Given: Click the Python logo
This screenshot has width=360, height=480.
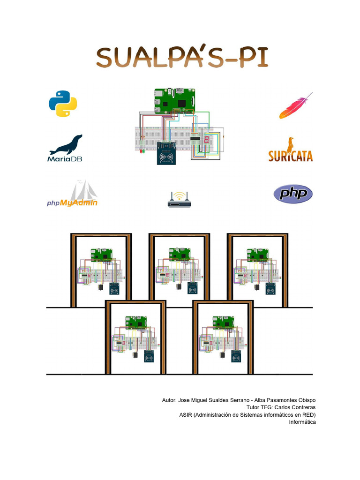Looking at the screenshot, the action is tap(62, 104).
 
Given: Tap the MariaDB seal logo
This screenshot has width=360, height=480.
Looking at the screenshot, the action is tap(66, 148).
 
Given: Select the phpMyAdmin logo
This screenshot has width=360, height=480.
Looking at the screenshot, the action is tap(73, 194).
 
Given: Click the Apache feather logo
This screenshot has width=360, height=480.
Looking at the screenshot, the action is tap(296, 106).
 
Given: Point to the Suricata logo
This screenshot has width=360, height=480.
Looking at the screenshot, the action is tap(291, 150).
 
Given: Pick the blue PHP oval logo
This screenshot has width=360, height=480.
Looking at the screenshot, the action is tap(293, 193).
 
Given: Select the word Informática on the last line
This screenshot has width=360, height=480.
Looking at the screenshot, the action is tap(302, 422).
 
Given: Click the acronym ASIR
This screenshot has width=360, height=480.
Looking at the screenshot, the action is tap(187, 415).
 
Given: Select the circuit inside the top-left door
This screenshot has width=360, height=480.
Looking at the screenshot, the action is tap(100, 272).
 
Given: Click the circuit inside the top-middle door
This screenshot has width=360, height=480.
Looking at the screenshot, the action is tap(179, 272).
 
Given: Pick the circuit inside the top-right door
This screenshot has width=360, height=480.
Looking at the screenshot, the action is tap(257, 272).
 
